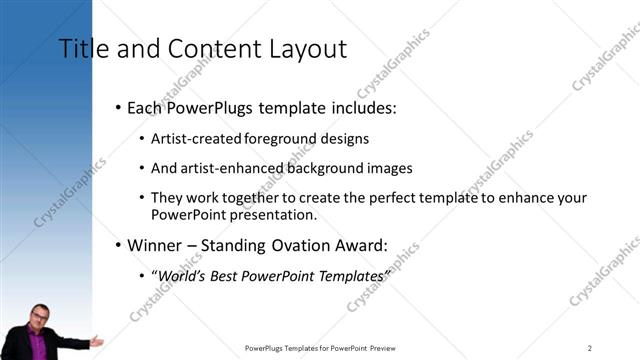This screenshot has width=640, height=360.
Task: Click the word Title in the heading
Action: coord(79,48)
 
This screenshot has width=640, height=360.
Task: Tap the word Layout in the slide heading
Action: coord(309,48)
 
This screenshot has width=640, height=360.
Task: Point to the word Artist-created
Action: coord(192,139)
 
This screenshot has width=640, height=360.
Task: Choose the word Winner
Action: coord(155,245)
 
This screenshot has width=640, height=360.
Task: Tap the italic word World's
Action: coord(178,275)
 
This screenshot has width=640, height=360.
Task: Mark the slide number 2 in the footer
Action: coord(590,348)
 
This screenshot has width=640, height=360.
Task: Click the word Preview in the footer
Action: coord(382,348)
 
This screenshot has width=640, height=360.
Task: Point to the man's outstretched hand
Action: coord(96,342)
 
